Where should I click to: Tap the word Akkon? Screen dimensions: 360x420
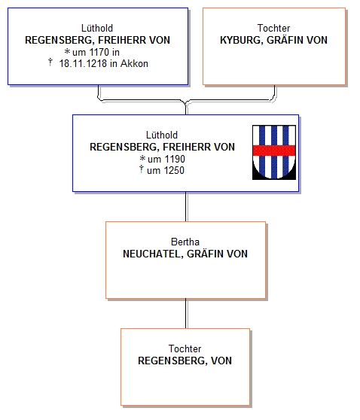point(134,64)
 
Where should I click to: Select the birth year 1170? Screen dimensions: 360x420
point(99,52)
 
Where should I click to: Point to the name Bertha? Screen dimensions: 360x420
point(185,242)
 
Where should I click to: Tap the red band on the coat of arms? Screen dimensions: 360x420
point(274,151)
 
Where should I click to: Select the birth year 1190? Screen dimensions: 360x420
point(175,159)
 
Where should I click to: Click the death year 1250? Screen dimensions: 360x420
point(174,171)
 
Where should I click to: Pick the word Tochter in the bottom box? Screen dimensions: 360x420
point(185,348)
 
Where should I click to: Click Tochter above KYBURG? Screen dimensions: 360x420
point(273,28)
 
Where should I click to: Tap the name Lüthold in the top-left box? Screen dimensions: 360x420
point(97,28)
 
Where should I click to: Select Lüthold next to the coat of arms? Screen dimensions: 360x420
point(162,135)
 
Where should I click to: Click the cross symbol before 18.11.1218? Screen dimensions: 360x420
point(50,62)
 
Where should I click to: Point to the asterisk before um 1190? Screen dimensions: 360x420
point(142,158)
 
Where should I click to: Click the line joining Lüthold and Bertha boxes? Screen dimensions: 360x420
point(186,207)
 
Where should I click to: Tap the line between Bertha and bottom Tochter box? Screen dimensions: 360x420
point(186,314)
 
